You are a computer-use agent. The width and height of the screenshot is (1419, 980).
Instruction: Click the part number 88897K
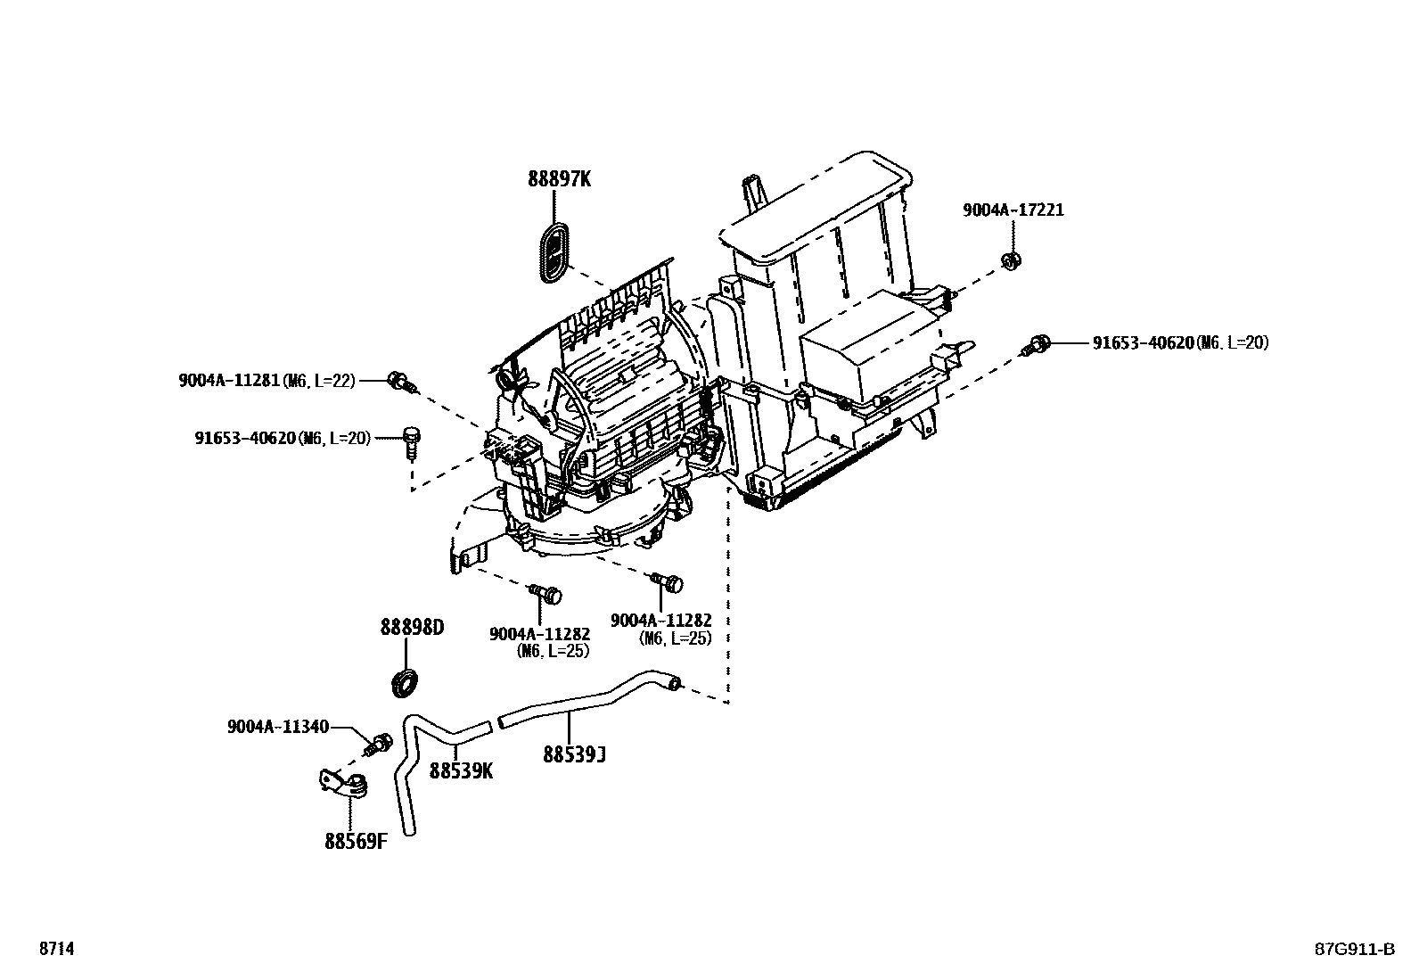559,179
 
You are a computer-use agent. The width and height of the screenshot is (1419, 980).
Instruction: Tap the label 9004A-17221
1013,210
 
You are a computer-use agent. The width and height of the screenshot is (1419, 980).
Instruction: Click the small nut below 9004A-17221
1011,260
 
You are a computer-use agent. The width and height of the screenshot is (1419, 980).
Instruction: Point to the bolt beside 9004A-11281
400,382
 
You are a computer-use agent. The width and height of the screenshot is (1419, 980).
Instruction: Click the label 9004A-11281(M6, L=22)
267,381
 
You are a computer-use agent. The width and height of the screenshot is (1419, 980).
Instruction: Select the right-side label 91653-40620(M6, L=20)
1180,342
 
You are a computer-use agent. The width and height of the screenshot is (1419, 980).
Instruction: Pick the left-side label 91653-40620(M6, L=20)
283,438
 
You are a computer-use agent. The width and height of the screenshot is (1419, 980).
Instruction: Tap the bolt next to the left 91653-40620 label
411,441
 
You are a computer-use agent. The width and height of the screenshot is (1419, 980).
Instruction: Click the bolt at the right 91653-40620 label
1038,343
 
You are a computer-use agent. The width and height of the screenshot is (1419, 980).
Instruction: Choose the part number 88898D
412,628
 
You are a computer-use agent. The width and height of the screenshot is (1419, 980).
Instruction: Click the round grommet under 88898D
406,682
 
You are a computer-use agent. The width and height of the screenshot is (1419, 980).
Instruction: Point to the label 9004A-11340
277,726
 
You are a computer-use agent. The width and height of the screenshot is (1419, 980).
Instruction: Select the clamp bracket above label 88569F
345,783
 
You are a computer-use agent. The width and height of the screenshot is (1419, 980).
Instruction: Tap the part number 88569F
356,840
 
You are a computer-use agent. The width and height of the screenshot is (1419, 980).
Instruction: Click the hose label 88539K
461,770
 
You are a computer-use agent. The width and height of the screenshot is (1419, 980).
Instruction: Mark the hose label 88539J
575,755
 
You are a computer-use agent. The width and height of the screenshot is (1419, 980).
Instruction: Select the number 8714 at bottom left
56,950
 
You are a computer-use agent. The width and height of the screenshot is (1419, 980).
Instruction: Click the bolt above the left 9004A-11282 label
546,592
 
